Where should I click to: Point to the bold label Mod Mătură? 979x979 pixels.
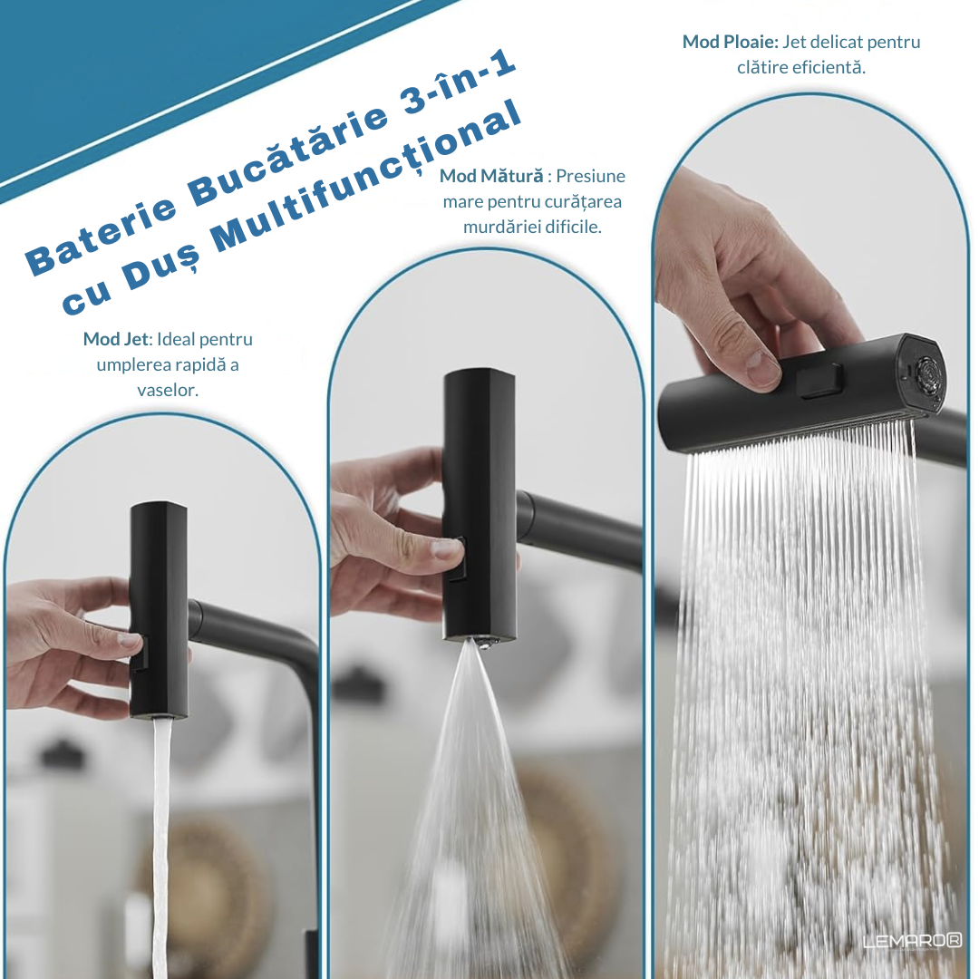click(x=491, y=176)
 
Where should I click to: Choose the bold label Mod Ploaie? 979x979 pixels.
click(x=730, y=42)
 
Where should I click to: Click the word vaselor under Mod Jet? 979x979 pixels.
click(x=168, y=390)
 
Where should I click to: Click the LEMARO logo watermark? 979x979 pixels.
click(x=912, y=941)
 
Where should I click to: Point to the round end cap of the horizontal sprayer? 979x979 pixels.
click(x=924, y=373)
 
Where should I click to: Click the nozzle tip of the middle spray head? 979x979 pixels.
click(x=481, y=643)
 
